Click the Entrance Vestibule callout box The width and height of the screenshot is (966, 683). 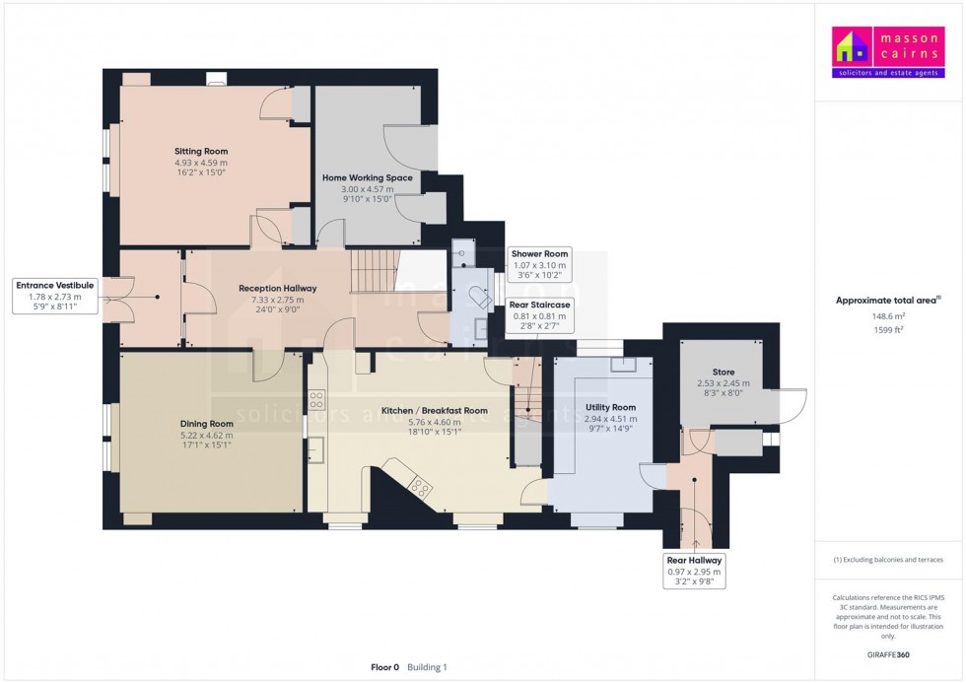click(55, 296)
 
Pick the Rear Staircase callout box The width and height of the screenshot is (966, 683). click(539, 316)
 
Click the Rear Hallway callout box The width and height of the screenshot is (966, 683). click(696, 571)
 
